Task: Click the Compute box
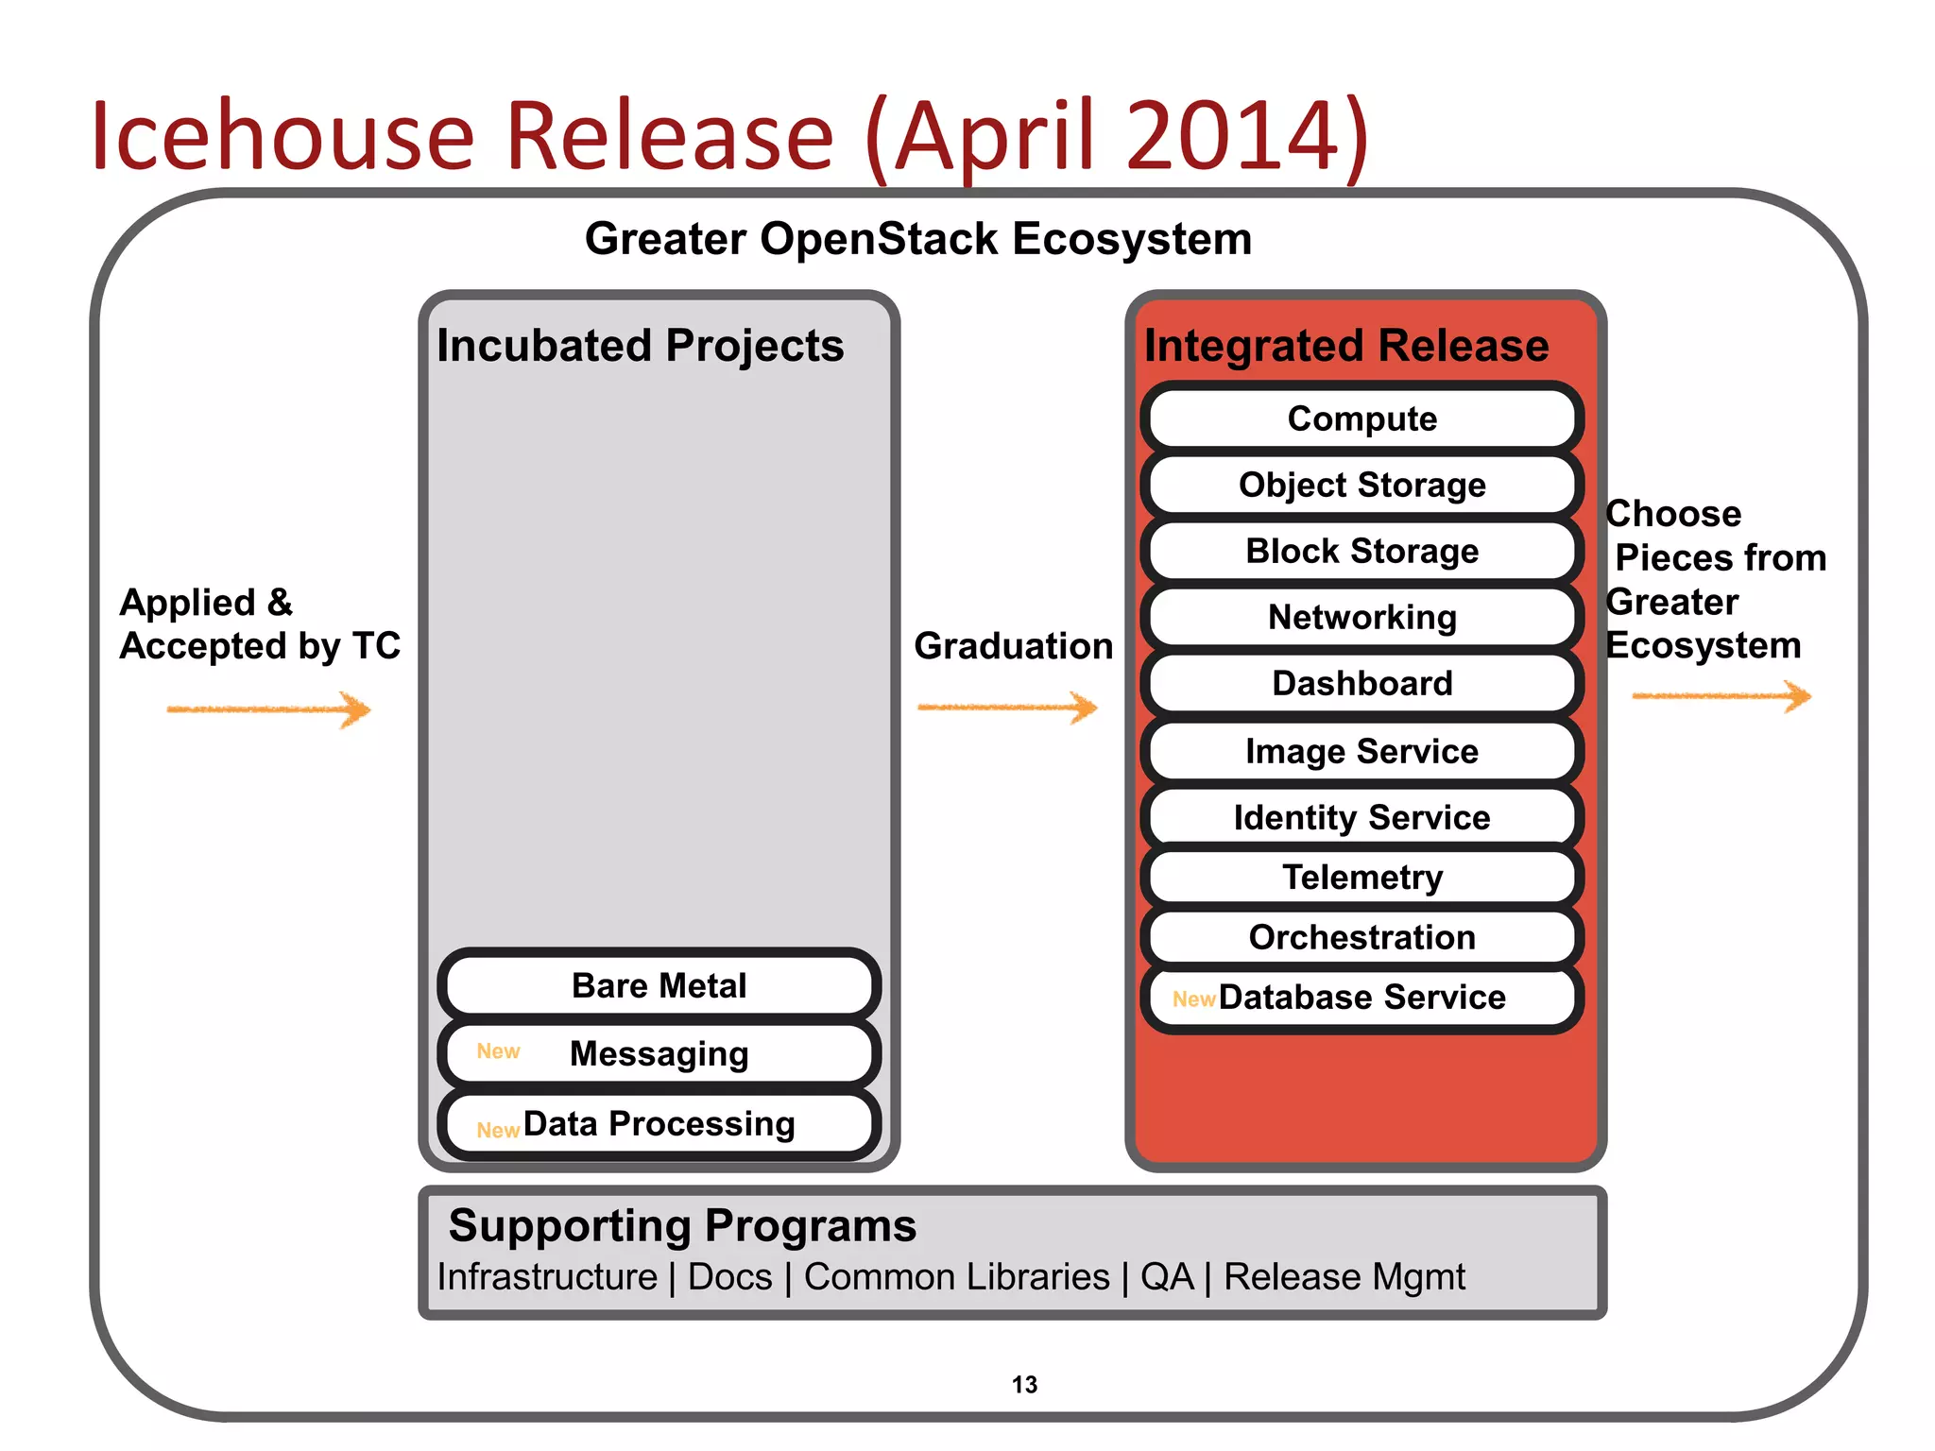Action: click(1361, 418)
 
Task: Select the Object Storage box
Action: click(1361, 485)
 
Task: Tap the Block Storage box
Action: click(1361, 551)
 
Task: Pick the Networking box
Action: click(1361, 617)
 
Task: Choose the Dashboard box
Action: click(1361, 683)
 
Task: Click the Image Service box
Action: click(1361, 751)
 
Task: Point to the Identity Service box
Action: click(1361, 817)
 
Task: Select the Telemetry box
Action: click(1361, 878)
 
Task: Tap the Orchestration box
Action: click(1361, 937)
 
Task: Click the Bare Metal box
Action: click(659, 985)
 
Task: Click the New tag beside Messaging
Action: click(498, 1051)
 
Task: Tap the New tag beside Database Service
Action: click(1193, 999)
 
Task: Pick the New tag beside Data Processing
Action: click(498, 1130)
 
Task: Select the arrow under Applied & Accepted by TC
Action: click(269, 709)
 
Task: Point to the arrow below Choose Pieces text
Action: click(1721, 697)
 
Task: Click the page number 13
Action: click(1024, 1385)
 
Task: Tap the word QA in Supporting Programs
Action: click(1167, 1277)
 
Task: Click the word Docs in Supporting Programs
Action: click(729, 1277)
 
